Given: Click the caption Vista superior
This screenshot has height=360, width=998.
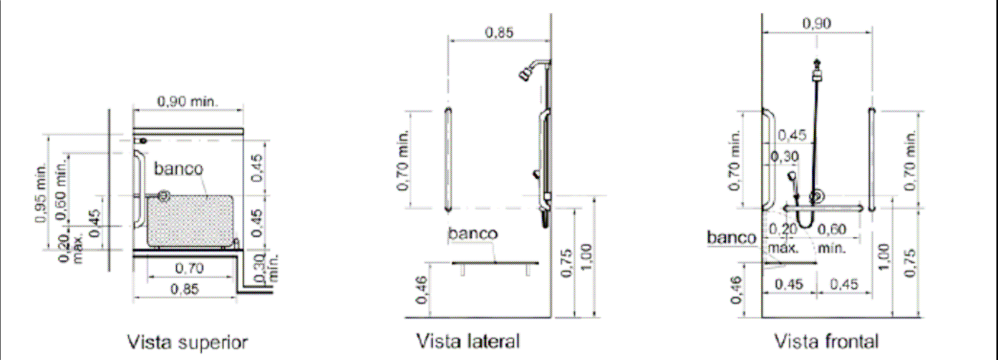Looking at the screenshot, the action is click(x=188, y=342).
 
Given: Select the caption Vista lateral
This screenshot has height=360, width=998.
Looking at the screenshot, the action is click(x=468, y=341).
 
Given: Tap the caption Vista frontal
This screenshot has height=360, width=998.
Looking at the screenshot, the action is click(x=826, y=341).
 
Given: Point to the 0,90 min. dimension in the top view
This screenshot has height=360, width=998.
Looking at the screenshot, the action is click(x=188, y=101).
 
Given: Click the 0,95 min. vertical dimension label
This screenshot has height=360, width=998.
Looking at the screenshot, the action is click(x=41, y=193).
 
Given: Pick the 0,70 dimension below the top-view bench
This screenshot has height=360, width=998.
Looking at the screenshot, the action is click(x=189, y=268).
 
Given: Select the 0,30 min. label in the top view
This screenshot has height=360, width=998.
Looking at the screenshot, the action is click(x=266, y=268).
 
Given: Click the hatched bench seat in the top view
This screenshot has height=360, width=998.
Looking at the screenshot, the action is click(x=190, y=220).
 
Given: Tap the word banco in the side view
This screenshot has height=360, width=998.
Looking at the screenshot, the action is click(x=473, y=233).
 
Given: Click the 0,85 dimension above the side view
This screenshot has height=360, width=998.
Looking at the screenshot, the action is click(x=499, y=32).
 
